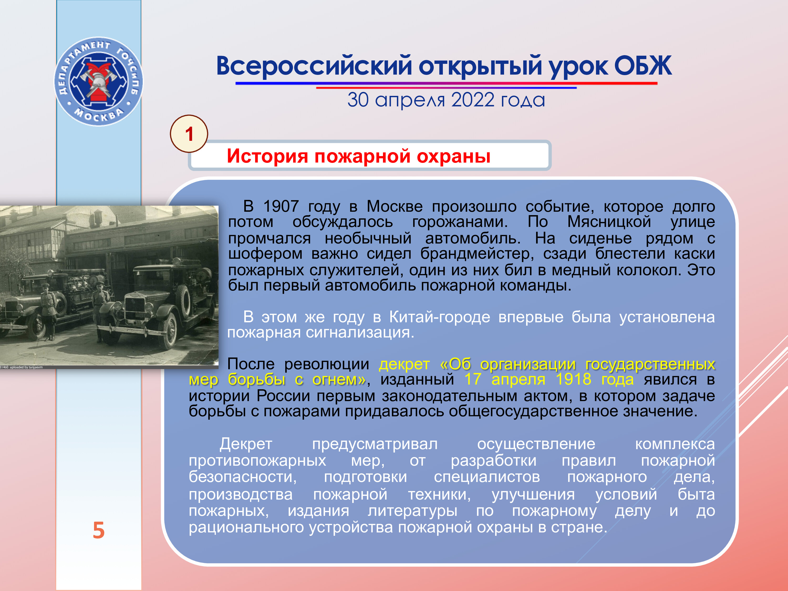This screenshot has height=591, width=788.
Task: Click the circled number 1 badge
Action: (x=189, y=134)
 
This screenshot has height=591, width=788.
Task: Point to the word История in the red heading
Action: (x=267, y=156)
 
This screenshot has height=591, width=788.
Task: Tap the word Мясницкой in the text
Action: (x=609, y=222)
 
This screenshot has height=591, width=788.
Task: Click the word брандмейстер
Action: (x=477, y=254)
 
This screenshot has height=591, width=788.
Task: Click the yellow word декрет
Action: (x=404, y=364)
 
